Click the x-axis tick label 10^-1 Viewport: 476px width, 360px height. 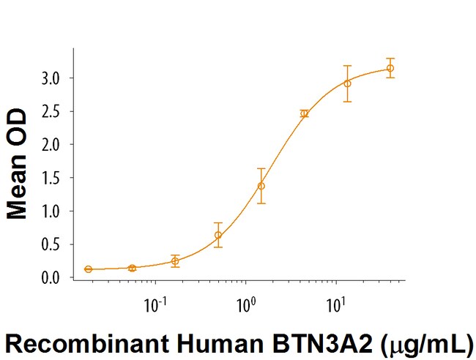(155, 301)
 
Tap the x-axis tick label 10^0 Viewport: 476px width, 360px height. (245, 301)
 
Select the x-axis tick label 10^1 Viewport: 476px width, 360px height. (335, 301)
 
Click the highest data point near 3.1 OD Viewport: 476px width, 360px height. (390, 68)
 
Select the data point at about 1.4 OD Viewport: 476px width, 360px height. (261, 186)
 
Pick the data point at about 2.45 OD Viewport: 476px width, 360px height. (304, 113)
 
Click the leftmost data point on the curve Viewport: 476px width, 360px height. (89, 269)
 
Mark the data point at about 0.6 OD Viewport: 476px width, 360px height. (218, 235)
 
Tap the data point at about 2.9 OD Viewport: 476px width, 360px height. (347, 83)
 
